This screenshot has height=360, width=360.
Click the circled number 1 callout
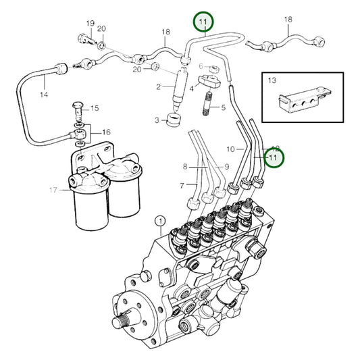[160, 220]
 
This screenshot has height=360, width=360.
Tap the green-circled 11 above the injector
[203, 22]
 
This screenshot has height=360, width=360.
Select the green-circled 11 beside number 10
[274, 157]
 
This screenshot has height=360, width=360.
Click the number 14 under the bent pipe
[45, 95]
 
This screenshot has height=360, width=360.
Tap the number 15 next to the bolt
[94, 108]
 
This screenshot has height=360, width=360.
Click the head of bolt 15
[78, 106]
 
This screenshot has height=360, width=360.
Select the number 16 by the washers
[106, 132]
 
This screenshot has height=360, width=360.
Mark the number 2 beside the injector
[158, 86]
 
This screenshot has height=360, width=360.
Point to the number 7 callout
[182, 185]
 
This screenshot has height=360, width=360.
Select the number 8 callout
[185, 166]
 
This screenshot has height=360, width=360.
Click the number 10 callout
[230, 148]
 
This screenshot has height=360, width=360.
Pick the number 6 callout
[200, 66]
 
